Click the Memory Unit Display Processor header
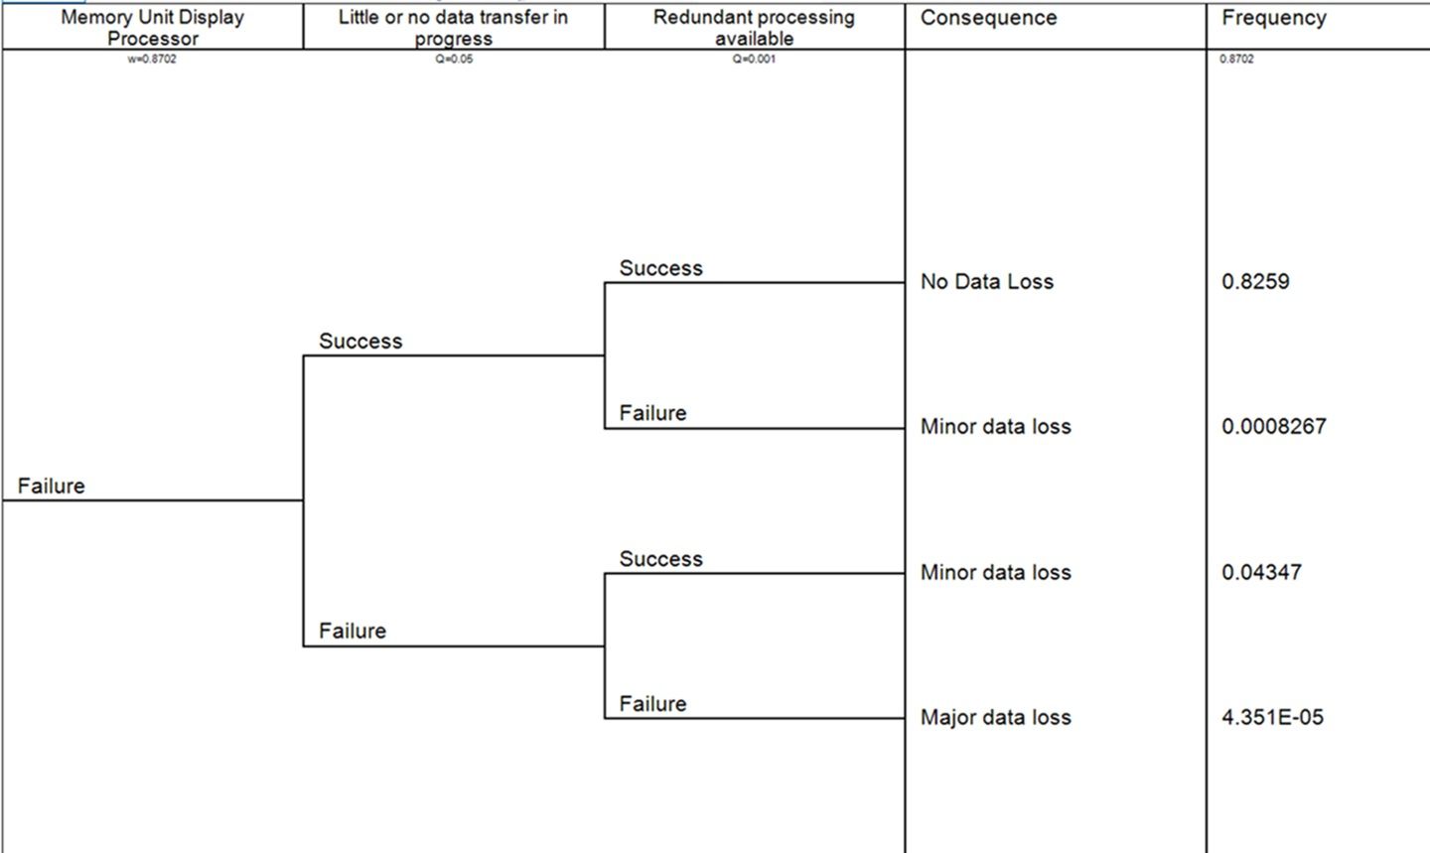[152, 27]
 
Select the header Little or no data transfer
[453, 27]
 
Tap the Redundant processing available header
[754, 27]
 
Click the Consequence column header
[988, 18]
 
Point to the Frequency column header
[1273, 18]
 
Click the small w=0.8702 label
[152, 59]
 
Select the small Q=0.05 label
[453, 59]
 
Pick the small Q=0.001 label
[754, 59]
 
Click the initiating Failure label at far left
[51, 486]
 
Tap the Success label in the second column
[360, 341]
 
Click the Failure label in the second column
[353, 631]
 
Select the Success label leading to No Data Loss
[660, 268]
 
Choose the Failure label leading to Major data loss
[652, 703]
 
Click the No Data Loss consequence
[986, 281]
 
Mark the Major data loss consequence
[995, 717]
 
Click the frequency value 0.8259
[1255, 281]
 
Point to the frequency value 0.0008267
[1273, 426]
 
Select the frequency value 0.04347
[1261, 572]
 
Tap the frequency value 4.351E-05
[1272, 717]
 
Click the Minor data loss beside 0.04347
[995, 572]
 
